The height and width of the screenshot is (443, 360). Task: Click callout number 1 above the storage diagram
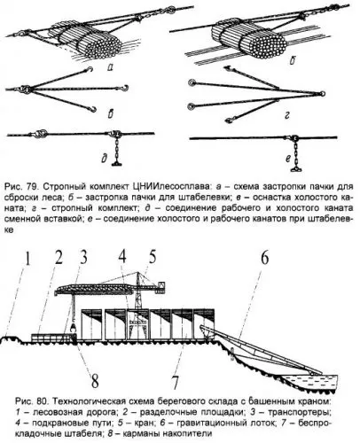[x=27, y=259]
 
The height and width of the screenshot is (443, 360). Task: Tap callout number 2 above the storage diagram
[x=59, y=257]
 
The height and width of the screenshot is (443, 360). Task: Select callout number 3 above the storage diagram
[x=83, y=257]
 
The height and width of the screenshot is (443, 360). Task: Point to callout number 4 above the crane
[x=122, y=256]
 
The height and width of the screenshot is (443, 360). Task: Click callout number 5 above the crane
[x=152, y=256]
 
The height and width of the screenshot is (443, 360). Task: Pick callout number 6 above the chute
[x=264, y=258]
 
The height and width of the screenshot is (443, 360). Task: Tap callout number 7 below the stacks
[x=176, y=382]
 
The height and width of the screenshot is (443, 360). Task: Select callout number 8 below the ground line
[x=95, y=381]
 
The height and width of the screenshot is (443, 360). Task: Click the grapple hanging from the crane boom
[x=73, y=327]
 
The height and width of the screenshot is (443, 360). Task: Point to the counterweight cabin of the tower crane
[x=161, y=287]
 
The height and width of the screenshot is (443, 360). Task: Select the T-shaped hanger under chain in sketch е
[x=296, y=169]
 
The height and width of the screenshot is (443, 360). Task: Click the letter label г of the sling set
[x=286, y=116]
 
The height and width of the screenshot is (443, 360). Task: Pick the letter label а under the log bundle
[x=110, y=68]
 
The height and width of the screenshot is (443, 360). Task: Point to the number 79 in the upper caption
[x=33, y=187]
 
